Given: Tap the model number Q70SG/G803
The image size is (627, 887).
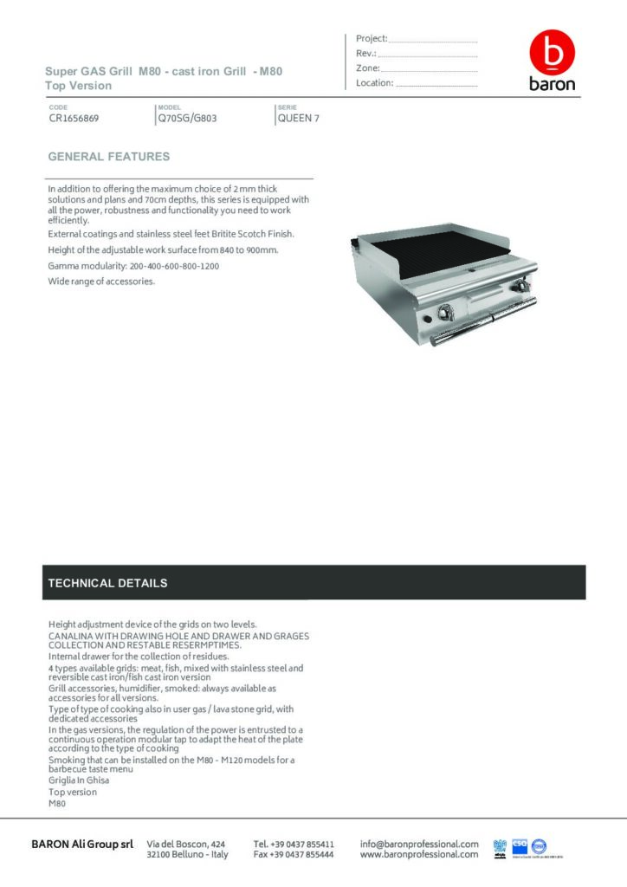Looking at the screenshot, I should pyautogui.click(x=187, y=119).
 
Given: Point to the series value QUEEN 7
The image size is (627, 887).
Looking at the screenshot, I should pyautogui.click(x=298, y=119).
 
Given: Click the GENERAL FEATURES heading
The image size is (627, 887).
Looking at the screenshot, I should pyautogui.click(x=109, y=157).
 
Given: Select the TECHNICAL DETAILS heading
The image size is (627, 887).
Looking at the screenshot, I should pyautogui.click(x=108, y=583).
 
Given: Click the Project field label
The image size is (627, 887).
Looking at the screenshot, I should pyautogui.click(x=372, y=39).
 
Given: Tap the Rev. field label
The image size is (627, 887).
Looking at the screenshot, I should pyautogui.click(x=365, y=54).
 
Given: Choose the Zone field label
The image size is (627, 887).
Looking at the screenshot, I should pyautogui.click(x=368, y=68).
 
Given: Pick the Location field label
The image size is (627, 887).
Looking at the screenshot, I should pyautogui.click(x=375, y=83).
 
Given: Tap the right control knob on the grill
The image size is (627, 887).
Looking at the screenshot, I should pyautogui.click(x=522, y=288).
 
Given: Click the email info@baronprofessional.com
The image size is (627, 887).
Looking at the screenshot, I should pyautogui.click(x=419, y=843).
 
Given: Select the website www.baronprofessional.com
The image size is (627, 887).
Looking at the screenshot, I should pyautogui.click(x=419, y=854).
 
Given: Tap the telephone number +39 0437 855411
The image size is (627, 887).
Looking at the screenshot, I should pyautogui.click(x=294, y=843).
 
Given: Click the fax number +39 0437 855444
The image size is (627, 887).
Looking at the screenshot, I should pyautogui.click(x=294, y=854).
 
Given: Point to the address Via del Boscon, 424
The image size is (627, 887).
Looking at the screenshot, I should pyautogui.click(x=187, y=843).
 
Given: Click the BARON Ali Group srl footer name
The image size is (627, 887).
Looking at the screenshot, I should pyautogui.click(x=82, y=844).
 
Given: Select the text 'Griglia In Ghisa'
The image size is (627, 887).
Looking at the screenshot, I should pyautogui.click(x=79, y=780).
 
